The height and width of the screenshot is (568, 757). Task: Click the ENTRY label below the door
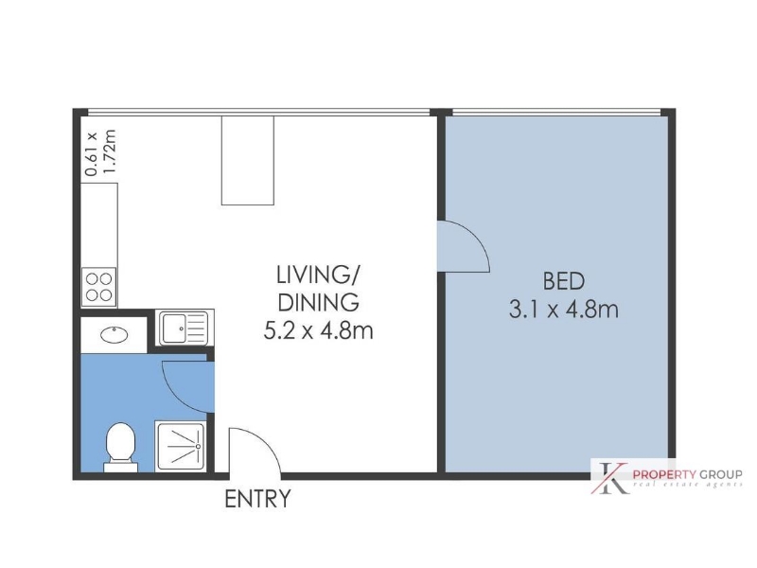257,499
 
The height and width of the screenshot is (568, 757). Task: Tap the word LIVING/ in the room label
317,275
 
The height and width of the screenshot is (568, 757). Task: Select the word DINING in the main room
319,303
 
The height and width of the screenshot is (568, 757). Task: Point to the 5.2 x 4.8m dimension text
318,330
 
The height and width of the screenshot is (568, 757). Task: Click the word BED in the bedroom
563,281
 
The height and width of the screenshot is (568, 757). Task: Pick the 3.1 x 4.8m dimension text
563,310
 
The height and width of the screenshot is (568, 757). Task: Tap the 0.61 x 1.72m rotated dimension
100,152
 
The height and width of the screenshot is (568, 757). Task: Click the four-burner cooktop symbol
98,287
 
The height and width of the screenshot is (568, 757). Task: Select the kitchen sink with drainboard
185,328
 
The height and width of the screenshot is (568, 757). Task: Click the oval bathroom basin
114,335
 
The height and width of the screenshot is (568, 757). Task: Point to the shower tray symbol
181,446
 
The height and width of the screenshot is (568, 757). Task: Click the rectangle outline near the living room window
248,160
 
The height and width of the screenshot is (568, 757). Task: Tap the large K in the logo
610,478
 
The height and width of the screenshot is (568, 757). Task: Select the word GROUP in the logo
718,474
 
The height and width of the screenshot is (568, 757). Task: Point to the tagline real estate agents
688,485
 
